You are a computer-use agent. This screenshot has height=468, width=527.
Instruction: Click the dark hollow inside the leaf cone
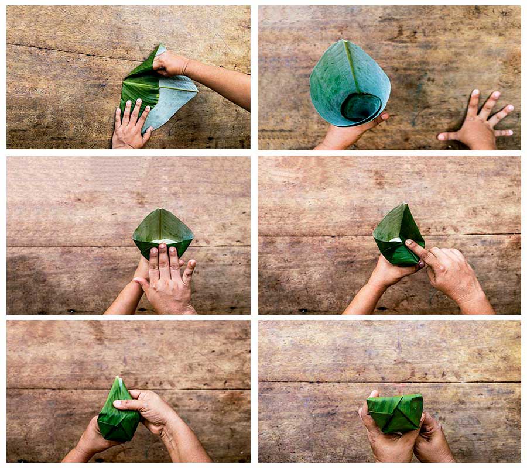point(360,107)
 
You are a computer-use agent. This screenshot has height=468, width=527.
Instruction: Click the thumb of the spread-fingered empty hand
point(448,136)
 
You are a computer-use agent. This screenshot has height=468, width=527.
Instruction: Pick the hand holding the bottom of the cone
point(345,136)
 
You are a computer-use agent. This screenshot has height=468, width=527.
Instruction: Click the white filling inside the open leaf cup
point(164,240)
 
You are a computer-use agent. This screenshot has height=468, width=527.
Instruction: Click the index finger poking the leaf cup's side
point(417,249)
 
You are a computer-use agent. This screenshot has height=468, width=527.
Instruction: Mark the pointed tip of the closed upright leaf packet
point(118,380)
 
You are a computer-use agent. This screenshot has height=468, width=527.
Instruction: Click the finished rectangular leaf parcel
point(395,413)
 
